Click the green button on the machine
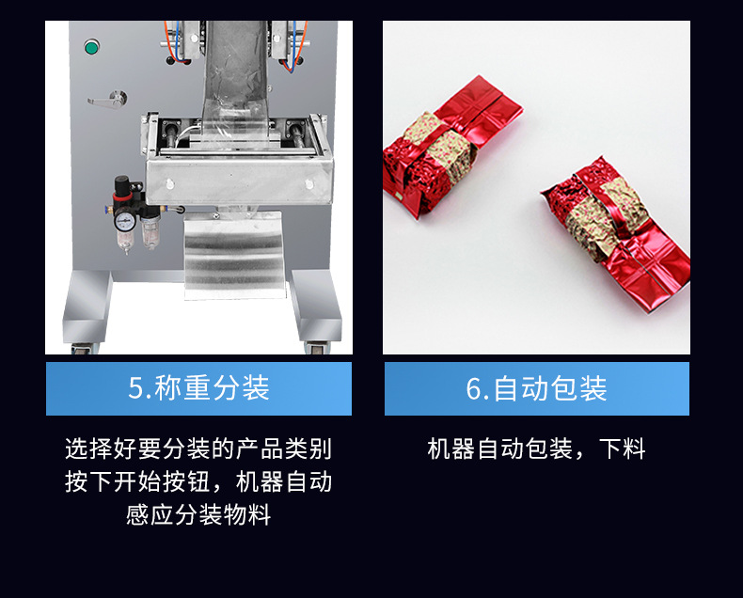[91, 48]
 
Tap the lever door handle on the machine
[108, 100]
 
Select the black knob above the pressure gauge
[121, 184]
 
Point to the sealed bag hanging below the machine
[234, 255]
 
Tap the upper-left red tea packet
[451, 145]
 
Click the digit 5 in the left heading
[135, 388]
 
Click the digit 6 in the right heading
[474, 388]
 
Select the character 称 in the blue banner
[168, 387]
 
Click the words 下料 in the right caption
[623, 448]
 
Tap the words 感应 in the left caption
[150, 514]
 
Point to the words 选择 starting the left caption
[88, 448]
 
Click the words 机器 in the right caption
[451, 448]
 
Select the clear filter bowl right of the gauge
[150, 232]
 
